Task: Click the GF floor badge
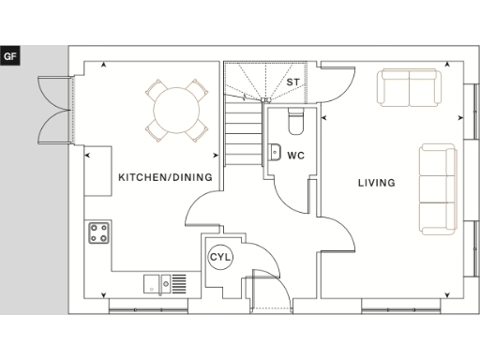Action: (x=11, y=56)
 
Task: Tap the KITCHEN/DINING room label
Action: (x=165, y=176)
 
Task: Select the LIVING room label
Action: (x=376, y=183)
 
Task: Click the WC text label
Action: (x=294, y=155)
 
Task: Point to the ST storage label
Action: (x=292, y=82)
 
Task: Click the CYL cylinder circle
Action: (x=220, y=256)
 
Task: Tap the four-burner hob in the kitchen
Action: (x=99, y=232)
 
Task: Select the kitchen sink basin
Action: (x=152, y=282)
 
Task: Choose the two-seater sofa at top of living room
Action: (x=410, y=88)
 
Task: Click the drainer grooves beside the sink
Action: (x=178, y=282)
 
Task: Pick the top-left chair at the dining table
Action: (x=153, y=91)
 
